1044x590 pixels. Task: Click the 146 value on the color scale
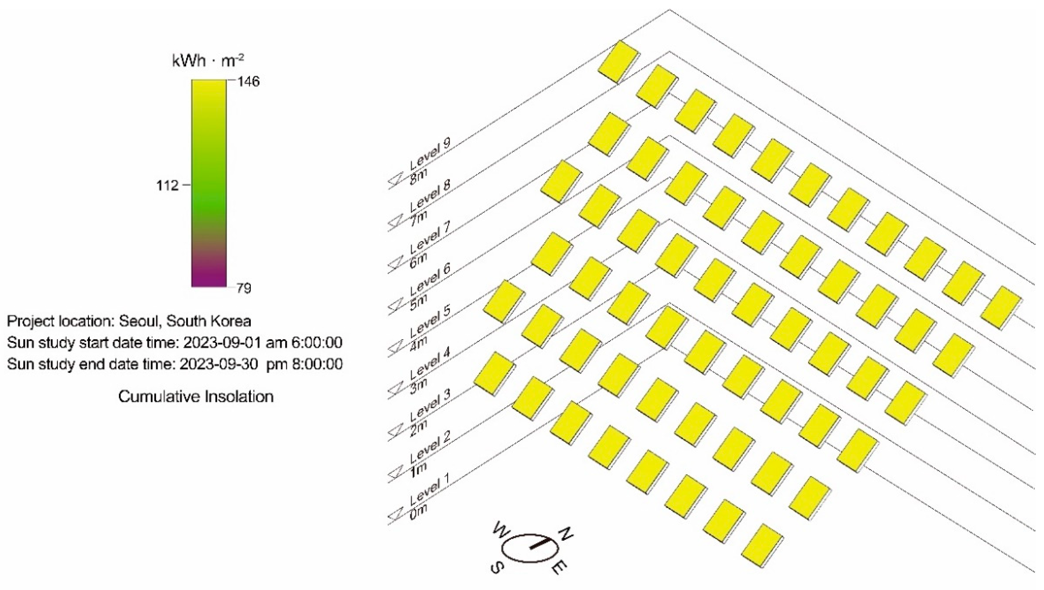tap(249, 82)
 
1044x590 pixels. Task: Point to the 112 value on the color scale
tap(167, 185)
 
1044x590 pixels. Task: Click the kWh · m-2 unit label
tap(208, 61)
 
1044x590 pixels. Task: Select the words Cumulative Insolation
tap(196, 396)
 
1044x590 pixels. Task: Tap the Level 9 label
tap(431, 153)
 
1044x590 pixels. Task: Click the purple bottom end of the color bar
tap(209, 279)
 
